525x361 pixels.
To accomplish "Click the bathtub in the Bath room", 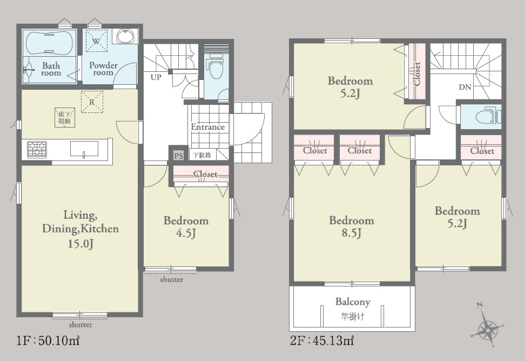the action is pos(49,43).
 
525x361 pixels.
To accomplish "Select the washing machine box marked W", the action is pos(96,41).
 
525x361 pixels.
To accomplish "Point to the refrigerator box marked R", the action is pos(92,102).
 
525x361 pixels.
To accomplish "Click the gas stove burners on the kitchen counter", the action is pos(37,149).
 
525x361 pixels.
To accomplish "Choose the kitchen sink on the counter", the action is pos(84,149).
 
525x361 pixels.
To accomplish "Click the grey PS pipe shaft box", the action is pos(178,156).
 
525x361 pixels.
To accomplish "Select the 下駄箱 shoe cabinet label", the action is pos(201,155).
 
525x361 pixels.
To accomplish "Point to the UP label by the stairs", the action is pos(156,77).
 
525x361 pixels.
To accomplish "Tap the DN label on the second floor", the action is pos(465,88).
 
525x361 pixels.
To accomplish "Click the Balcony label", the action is pos(353,302).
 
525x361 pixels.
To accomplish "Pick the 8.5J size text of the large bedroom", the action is pos(351,233).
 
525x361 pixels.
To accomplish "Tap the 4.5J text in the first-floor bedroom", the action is pos(186,233).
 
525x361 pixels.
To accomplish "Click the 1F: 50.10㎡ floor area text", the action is pos(48,340).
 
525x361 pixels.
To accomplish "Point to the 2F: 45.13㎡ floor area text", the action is pos(322,340).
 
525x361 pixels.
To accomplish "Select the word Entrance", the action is pos(207,127).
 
